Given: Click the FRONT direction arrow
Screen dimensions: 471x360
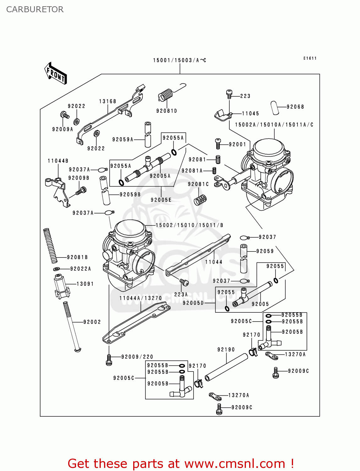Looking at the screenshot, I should (56, 73).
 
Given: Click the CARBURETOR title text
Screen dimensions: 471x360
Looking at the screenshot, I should (35, 9).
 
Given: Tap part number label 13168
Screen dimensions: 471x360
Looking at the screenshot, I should (108, 101).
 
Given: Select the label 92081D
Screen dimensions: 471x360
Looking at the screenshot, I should (167, 111).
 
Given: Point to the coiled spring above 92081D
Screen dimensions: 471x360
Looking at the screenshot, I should (166, 94).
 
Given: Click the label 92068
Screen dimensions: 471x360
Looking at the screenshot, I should (295, 107).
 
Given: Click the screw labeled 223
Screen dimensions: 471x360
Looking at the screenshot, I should (229, 93).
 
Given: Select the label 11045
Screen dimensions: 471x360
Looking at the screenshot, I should (250, 114).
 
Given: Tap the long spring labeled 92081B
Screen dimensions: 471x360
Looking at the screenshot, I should (50, 246).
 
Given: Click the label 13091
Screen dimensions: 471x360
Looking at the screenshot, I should (85, 284).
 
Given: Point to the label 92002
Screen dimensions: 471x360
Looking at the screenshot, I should (92, 322).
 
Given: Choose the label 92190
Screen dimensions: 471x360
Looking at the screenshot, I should (226, 349).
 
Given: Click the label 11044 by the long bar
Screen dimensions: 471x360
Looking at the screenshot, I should (214, 262).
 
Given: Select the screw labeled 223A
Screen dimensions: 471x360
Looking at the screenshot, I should (184, 283).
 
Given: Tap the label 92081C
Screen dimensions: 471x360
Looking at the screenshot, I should (198, 184).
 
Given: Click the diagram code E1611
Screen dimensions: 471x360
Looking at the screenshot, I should (310, 58).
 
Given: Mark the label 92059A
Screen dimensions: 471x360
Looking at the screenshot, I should (123, 139).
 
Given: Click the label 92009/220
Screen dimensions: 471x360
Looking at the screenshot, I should (137, 357).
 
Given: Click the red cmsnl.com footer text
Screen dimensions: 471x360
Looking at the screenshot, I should (181, 463).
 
